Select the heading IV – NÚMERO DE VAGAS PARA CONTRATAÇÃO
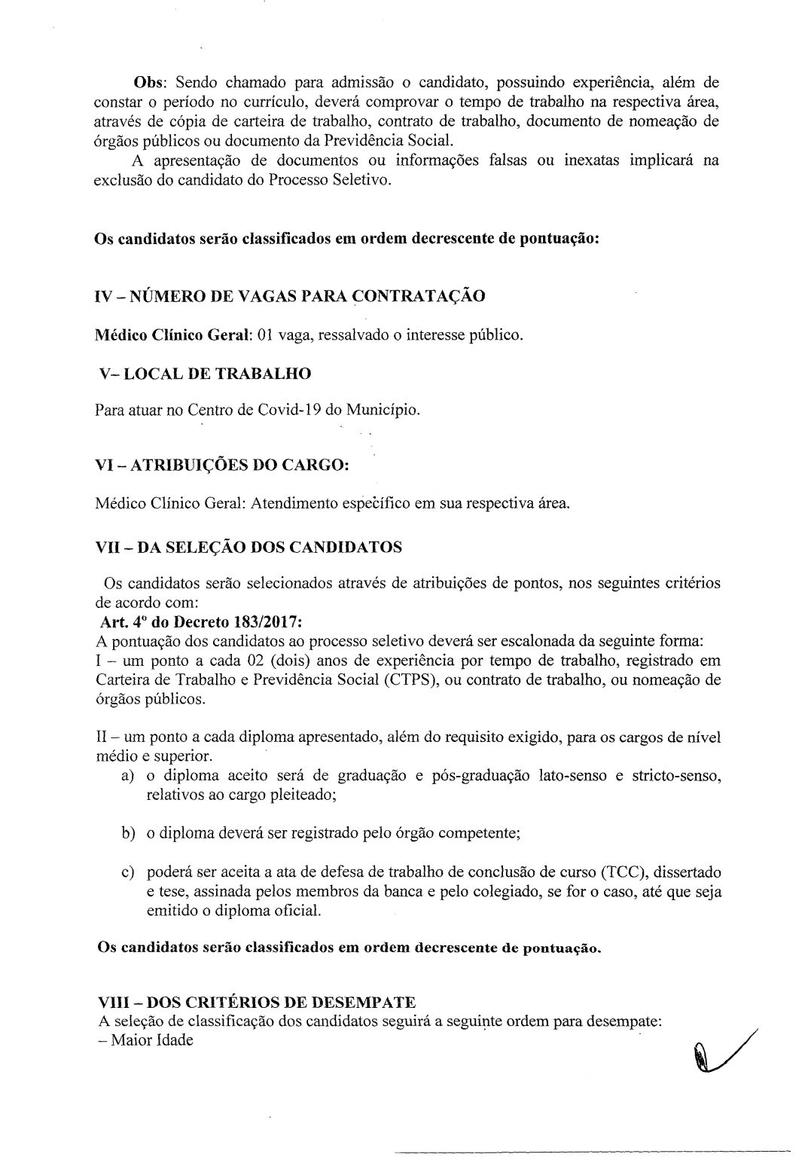pos(290,295)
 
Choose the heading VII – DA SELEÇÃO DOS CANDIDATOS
pos(250,547)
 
